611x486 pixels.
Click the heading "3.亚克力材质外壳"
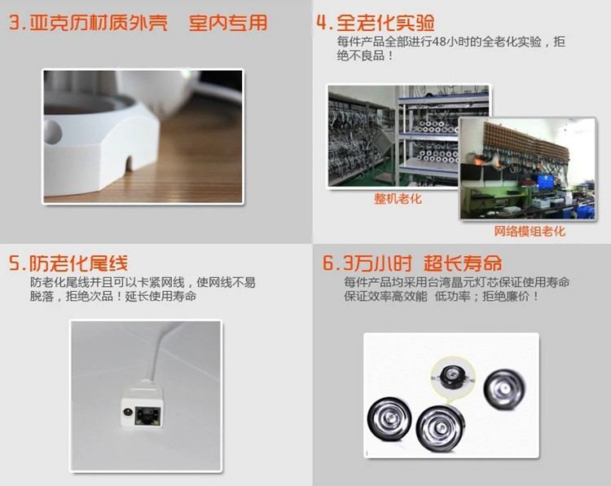click(88, 23)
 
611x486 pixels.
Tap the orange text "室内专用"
click(228, 23)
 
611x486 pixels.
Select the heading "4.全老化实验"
click(376, 23)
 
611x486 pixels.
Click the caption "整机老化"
click(398, 198)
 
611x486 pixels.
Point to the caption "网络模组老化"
click(530, 231)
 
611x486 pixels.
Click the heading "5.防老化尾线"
click(68, 263)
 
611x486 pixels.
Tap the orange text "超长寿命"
click(463, 263)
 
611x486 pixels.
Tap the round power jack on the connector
click(127, 412)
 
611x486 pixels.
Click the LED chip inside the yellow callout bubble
click(452, 377)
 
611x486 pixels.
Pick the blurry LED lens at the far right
click(504, 389)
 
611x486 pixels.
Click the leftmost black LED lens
click(389, 419)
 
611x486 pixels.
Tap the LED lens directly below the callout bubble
click(440, 428)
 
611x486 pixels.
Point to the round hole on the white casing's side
click(53, 131)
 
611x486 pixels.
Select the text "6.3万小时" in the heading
click(367, 263)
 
